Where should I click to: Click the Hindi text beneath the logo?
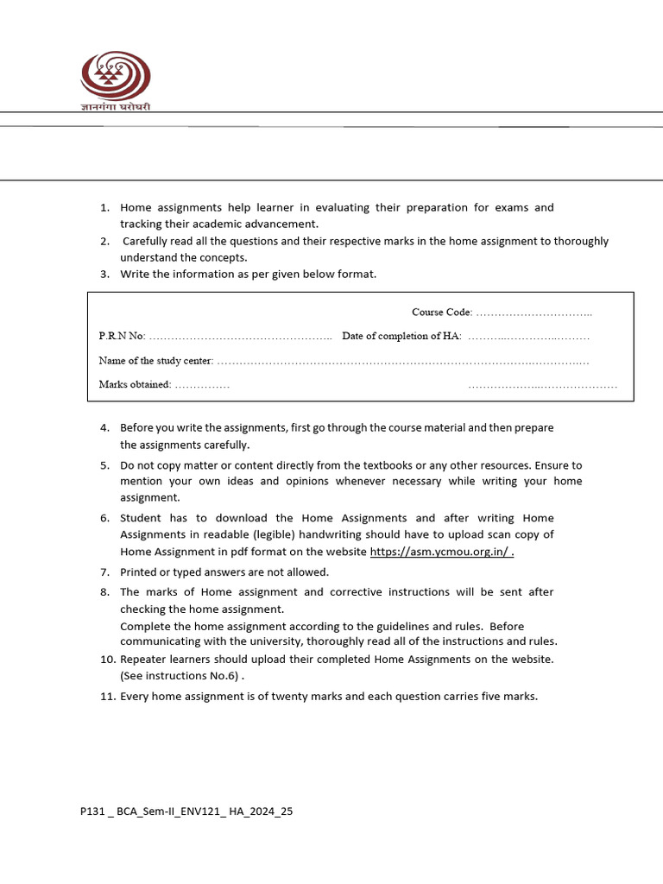point(115,107)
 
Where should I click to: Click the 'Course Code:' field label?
point(441,312)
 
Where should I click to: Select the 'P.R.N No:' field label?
point(122,336)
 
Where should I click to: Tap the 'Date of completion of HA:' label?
point(401,336)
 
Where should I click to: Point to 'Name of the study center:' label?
point(155,360)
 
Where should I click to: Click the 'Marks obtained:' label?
point(135,384)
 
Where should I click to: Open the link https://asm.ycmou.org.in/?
point(440,552)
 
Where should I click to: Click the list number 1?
point(104,208)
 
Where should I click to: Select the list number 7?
point(104,571)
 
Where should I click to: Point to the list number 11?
point(106,696)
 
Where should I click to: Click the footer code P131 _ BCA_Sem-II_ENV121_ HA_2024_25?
point(186,811)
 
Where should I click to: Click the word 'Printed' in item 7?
point(141,571)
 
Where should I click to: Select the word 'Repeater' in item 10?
point(143,660)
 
